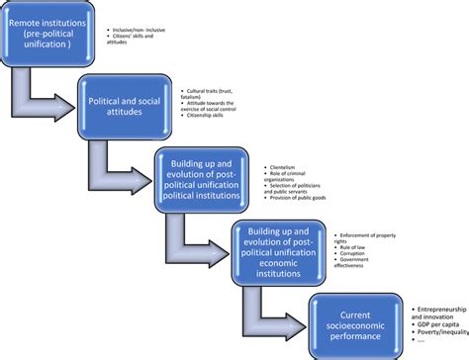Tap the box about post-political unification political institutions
pyautogui.click(x=205, y=178)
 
